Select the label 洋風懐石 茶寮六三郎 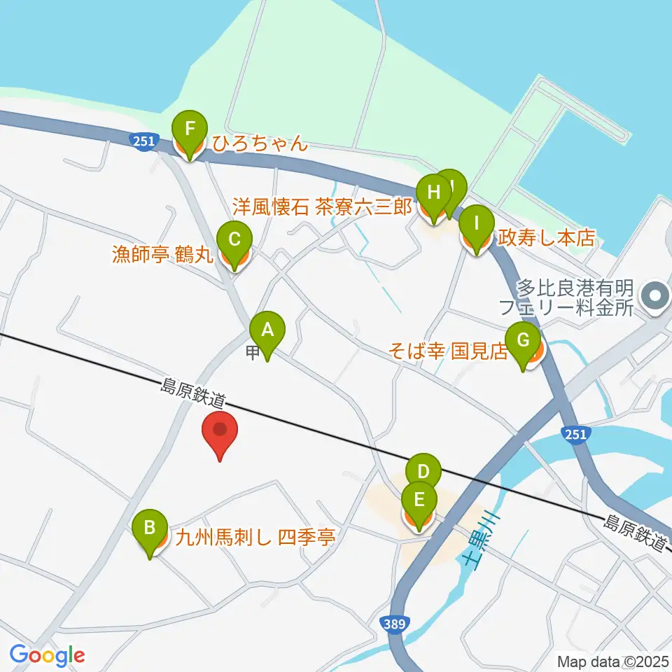coord(322,208)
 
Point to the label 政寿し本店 coord(546,238)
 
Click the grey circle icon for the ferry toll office coord(655,295)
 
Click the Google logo coord(48,655)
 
